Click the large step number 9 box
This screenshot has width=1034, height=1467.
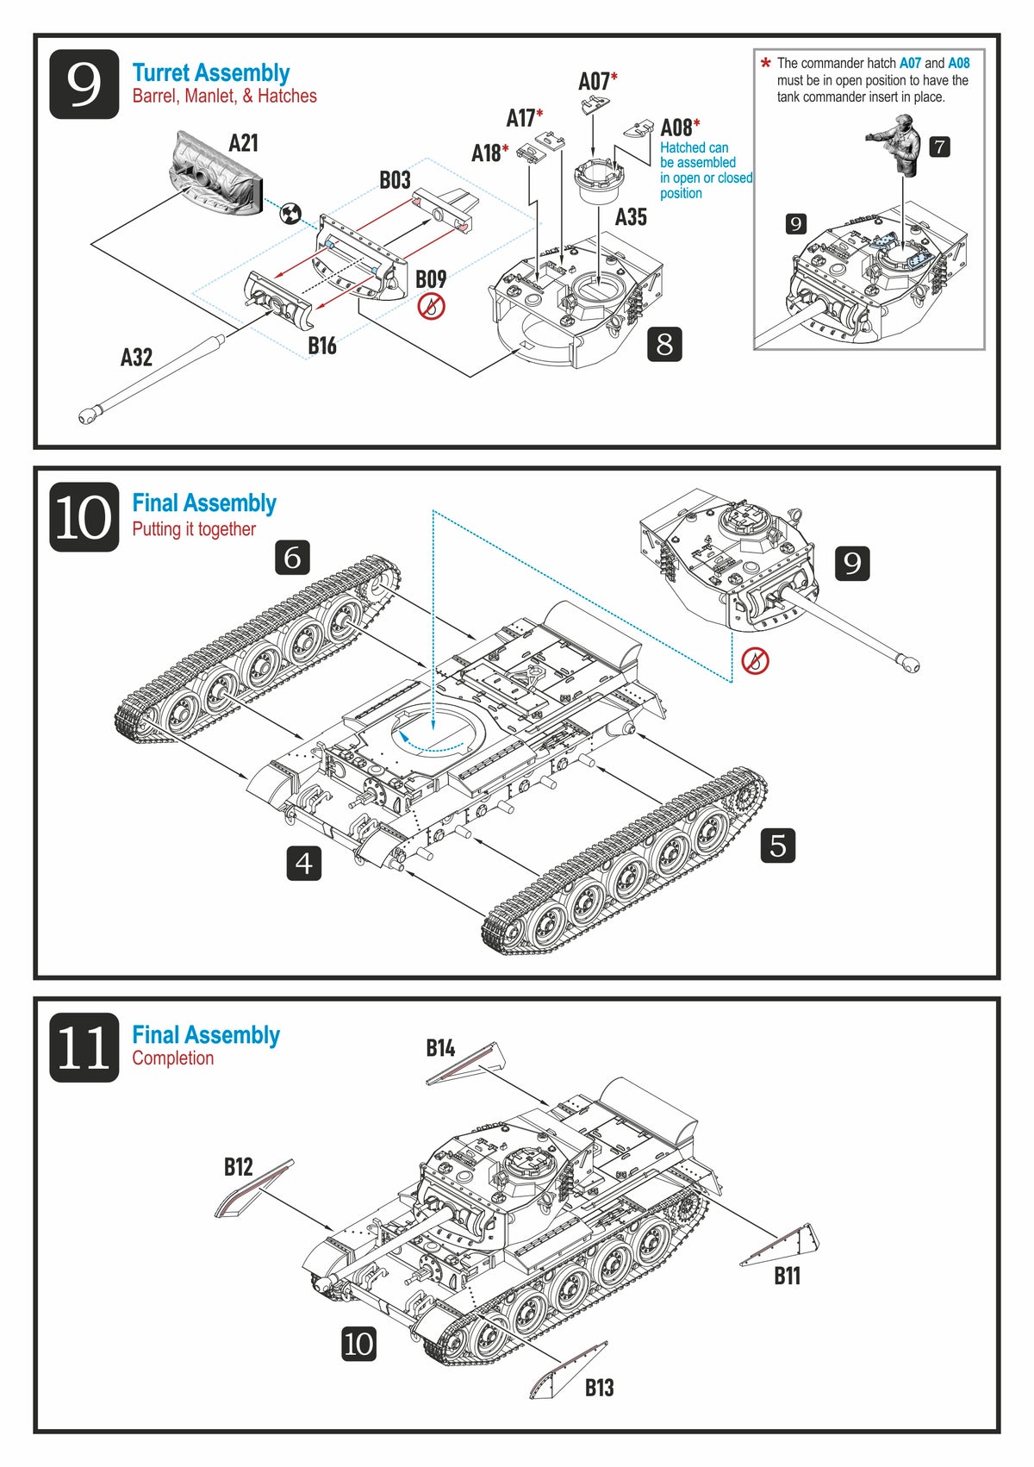(x=84, y=84)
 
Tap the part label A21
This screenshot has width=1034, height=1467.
(x=243, y=143)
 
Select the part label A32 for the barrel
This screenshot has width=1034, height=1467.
(x=136, y=357)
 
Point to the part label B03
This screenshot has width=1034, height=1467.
(x=395, y=180)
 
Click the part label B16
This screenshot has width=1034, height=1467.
(x=321, y=346)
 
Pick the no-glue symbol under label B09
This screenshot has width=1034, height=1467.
(x=431, y=306)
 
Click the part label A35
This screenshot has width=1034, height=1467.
(x=631, y=217)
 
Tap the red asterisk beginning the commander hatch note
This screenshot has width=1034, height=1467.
(x=765, y=63)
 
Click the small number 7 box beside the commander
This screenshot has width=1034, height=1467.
(x=940, y=147)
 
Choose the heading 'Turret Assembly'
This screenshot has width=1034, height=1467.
(x=210, y=73)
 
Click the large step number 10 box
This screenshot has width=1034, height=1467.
(x=84, y=517)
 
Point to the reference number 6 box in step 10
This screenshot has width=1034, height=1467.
(x=292, y=558)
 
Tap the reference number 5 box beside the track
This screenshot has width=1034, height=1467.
(x=778, y=846)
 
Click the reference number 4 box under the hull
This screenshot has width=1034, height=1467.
(x=303, y=863)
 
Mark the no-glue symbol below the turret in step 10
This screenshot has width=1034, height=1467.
(x=755, y=661)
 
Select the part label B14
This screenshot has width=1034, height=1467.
(x=440, y=1048)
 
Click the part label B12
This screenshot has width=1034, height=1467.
(x=239, y=1167)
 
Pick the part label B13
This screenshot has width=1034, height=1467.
(x=600, y=1388)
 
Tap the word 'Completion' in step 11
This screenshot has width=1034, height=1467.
(x=172, y=1058)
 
